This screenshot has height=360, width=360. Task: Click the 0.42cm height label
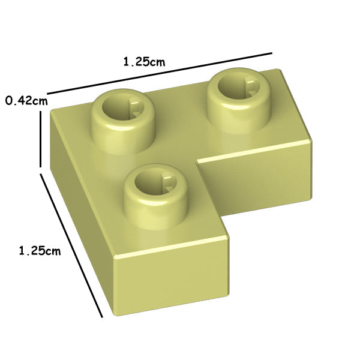pyautogui.click(x=26, y=101)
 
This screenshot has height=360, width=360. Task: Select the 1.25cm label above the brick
pyautogui.click(x=144, y=62)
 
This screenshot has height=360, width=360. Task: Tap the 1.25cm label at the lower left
pyautogui.click(x=40, y=251)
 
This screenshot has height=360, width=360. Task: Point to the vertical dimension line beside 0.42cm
pyautogui.click(x=41, y=139)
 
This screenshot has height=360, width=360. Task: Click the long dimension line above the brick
pyautogui.click(x=160, y=73)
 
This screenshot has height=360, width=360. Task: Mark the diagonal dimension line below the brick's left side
pyautogui.click(x=71, y=234)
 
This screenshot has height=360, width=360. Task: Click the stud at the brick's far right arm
pyautogui.click(x=239, y=100)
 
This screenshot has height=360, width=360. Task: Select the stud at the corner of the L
pyautogui.click(x=123, y=121)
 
